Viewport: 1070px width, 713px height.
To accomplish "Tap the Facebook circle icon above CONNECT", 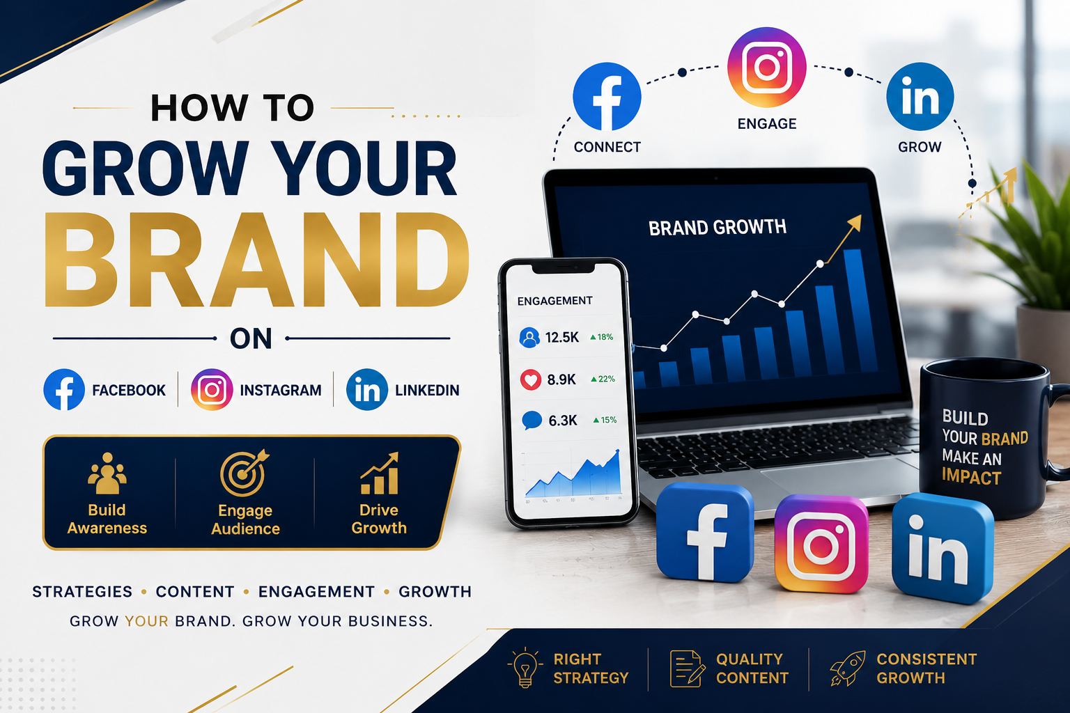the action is [x=607, y=97].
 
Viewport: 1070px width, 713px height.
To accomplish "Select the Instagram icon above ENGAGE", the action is [x=767, y=67].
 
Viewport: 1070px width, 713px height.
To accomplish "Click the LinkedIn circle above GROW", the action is [x=920, y=97].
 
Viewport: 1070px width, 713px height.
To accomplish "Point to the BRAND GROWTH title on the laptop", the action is [x=718, y=227].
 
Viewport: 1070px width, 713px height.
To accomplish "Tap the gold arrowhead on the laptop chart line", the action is [x=854, y=223].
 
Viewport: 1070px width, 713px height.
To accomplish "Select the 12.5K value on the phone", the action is [x=561, y=338].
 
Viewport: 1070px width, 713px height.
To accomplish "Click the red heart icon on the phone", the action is [x=530, y=379].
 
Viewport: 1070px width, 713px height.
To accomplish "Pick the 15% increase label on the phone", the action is [x=605, y=420].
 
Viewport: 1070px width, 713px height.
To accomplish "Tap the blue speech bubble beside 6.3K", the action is [x=532, y=421].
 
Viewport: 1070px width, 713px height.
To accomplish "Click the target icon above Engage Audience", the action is [x=245, y=473].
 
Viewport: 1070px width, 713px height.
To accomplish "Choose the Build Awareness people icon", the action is [x=107, y=473].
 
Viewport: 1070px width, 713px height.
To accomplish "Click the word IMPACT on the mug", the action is [x=971, y=477].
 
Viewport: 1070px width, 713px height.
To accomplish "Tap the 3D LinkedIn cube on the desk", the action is [x=943, y=548].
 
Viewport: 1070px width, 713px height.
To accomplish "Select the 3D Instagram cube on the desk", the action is [x=821, y=544].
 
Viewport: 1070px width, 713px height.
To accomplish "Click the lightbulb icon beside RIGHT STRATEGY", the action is [x=525, y=668].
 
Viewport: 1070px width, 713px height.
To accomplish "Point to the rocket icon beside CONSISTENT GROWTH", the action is [x=848, y=668].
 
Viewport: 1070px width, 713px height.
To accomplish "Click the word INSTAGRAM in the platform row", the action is [x=281, y=390].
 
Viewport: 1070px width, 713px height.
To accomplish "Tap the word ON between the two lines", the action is [x=251, y=338].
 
